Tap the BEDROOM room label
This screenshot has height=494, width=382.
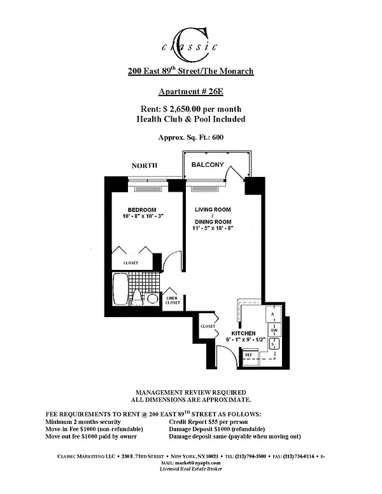[x=141, y=210]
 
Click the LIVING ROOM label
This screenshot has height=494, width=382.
[x=213, y=210]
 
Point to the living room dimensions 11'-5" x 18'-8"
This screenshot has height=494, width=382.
[x=213, y=228]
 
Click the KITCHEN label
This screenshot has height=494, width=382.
[x=243, y=333]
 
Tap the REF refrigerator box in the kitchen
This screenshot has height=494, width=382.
[x=249, y=355]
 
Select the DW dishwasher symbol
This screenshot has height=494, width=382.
[x=274, y=330]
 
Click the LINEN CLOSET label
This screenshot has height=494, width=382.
[x=173, y=300]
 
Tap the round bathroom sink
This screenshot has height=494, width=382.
[x=153, y=299]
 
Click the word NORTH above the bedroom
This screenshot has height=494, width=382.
[x=145, y=166]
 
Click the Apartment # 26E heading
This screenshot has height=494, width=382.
[x=191, y=91]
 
